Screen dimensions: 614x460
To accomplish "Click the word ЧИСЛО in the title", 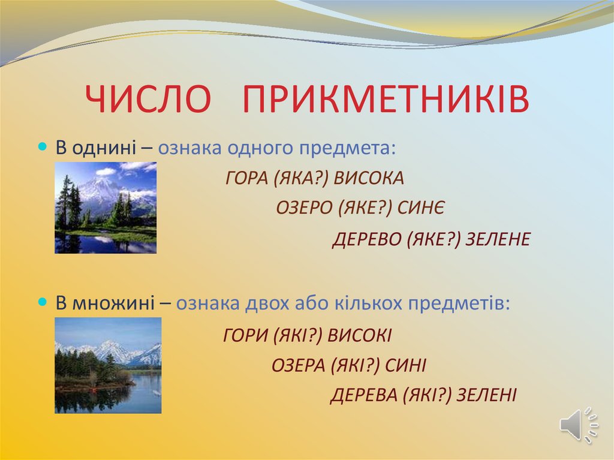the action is (x=148, y=99).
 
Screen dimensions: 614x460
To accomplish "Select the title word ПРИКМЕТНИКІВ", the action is (x=386, y=99).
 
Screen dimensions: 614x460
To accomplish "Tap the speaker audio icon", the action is (x=579, y=425).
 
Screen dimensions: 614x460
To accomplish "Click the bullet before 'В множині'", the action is (x=43, y=302).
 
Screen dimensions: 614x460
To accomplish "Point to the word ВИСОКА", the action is (x=369, y=178).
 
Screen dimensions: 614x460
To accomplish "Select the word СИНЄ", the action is (x=421, y=208).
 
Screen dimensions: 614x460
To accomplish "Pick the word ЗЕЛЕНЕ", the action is (x=498, y=239).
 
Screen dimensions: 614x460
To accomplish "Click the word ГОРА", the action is (x=246, y=178).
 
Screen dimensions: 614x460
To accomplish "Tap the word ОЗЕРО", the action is (x=304, y=208).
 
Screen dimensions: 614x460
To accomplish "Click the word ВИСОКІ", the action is (x=359, y=335).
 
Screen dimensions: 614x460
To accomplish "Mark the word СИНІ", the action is (x=405, y=366).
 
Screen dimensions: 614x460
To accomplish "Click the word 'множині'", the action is (x=113, y=303).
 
